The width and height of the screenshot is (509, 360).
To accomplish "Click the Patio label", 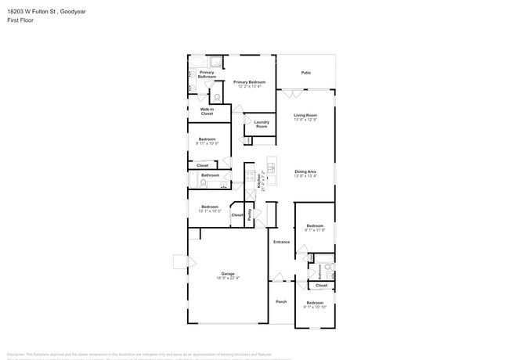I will click(x=306, y=73).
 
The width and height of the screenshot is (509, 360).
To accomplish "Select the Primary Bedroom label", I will click(x=249, y=82).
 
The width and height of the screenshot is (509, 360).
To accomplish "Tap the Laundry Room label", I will click(x=262, y=124).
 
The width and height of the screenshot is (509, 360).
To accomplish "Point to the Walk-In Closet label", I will click(x=207, y=111).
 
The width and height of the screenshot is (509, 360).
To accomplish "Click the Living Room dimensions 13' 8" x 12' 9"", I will click(x=305, y=120).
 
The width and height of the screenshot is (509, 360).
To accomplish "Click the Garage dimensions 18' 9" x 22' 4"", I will click(x=228, y=278).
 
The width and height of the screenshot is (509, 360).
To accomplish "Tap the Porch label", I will click(x=281, y=301).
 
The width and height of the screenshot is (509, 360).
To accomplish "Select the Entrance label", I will click(x=281, y=242).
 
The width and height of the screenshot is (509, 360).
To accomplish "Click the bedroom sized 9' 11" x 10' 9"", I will click(x=207, y=142).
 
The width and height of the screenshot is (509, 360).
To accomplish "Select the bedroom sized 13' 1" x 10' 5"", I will click(x=209, y=209).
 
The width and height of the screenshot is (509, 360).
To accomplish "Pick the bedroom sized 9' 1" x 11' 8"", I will click(x=315, y=228).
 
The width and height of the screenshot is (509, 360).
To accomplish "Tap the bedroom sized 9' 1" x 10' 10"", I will click(x=315, y=304).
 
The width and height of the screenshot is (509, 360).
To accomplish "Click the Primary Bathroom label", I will click(x=207, y=74).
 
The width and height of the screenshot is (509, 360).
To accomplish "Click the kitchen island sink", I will click(x=273, y=167).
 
